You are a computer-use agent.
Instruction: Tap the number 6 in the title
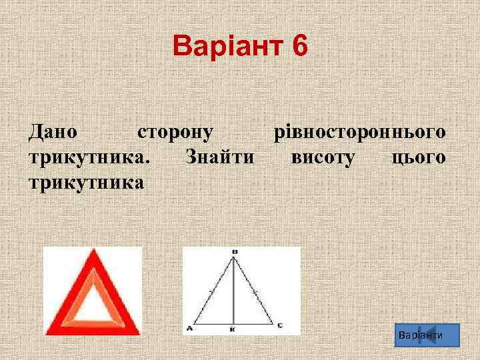[x=299, y=47]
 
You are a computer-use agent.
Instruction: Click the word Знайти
[x=220, y=157]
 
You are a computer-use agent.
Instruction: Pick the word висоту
[x=323, y=157]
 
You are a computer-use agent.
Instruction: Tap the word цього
[x=418, y=157]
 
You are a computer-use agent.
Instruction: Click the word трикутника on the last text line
[x=86, y=181]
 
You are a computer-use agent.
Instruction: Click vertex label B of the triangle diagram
[x=234, y=251]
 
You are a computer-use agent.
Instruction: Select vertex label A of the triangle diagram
[x=190, y=327]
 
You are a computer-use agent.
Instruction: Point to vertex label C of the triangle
[x=279, y=325]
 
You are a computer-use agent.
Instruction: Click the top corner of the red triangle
[x=92, y=252]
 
